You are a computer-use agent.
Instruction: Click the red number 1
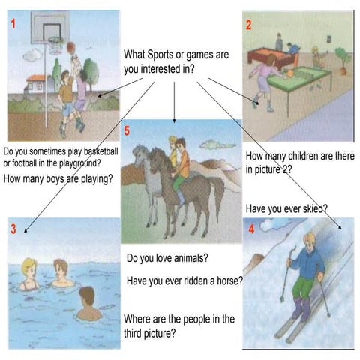point(13,24)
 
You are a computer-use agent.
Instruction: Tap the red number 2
point(248,25)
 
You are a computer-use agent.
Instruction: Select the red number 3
point(13,229)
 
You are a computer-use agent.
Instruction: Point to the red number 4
point(251,229)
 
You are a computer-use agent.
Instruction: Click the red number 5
point(127,131)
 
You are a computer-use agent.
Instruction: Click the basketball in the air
point(71,48)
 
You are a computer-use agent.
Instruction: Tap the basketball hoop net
point(55,45)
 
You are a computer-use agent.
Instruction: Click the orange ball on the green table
point(290,73)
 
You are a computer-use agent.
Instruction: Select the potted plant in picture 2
point(343,61)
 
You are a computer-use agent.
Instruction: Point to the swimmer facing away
point(88,304)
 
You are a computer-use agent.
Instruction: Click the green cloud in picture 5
point(217,145)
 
